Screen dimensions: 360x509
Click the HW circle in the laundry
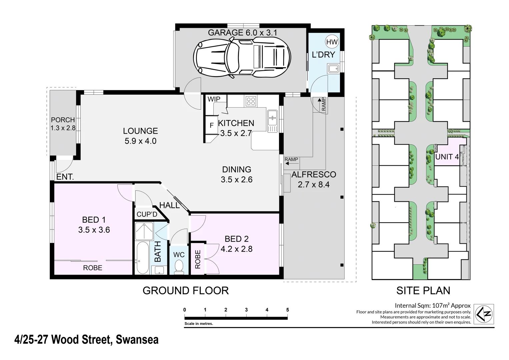point(332,42)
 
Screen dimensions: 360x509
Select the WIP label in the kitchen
point(214,99)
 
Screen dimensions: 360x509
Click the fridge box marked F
point(211,126)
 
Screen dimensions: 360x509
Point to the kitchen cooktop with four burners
point(251,101)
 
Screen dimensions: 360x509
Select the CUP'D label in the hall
point(147,214)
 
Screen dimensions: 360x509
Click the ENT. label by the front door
point(65,177)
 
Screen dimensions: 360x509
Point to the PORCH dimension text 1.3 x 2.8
point(63,128)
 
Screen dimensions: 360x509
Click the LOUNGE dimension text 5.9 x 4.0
point(140,141)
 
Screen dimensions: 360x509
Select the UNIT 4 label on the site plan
point(447,156)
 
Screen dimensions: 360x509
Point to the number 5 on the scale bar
point(287,310)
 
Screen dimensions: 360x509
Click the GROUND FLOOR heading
point(185,291)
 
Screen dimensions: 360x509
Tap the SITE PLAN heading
point(423,291)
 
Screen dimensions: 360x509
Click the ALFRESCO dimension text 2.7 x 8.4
point(313,184)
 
